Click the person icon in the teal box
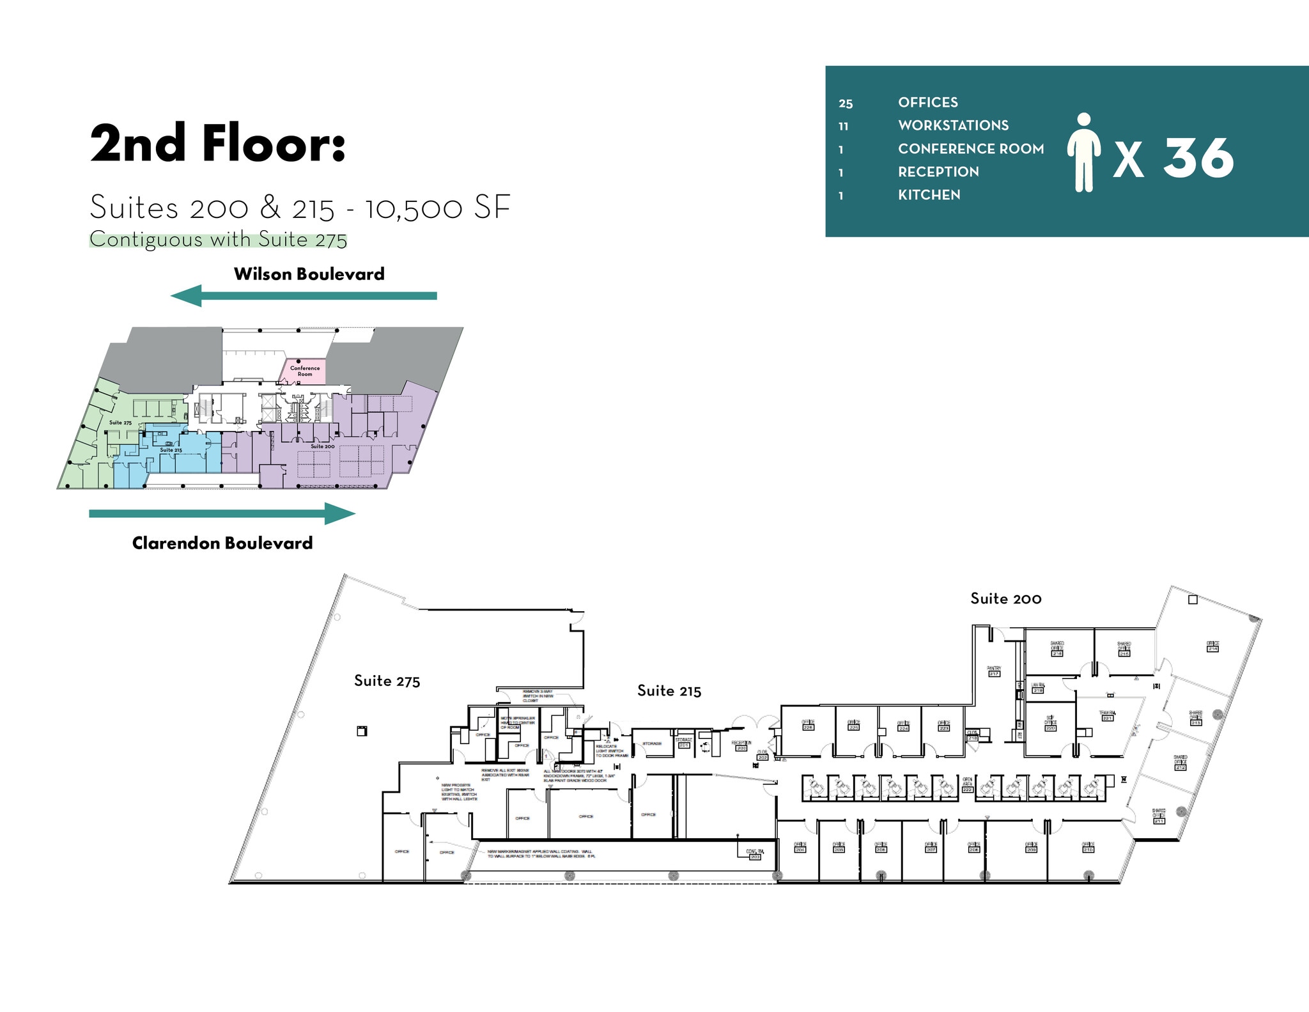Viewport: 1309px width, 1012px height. (1083, 153)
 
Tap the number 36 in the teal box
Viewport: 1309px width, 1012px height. (1198, 158)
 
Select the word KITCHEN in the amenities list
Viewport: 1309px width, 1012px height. (929, 195)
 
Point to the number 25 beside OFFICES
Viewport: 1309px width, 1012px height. (846, 104)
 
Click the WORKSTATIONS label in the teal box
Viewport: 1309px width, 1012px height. (953, 125)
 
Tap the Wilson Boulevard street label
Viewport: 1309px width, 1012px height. (309, 274)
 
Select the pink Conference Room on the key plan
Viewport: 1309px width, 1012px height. (305, 371)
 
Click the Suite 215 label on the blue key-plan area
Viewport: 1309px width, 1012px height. (171, 450)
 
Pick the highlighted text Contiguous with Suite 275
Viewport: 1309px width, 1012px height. (218, 239)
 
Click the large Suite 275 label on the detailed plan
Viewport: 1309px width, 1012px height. (387, 681)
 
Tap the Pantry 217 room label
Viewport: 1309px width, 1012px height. (994, 671)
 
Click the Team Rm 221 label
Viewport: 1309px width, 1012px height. (1107, 715)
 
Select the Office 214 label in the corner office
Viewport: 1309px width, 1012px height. (1212, 646)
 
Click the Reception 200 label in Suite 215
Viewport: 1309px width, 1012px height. (741, 745)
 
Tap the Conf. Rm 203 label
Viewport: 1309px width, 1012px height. (754, 854)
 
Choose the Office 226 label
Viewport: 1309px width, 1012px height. (808, 725)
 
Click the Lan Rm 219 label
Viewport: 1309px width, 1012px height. (1037, 687)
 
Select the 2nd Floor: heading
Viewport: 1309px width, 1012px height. (218, 144)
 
